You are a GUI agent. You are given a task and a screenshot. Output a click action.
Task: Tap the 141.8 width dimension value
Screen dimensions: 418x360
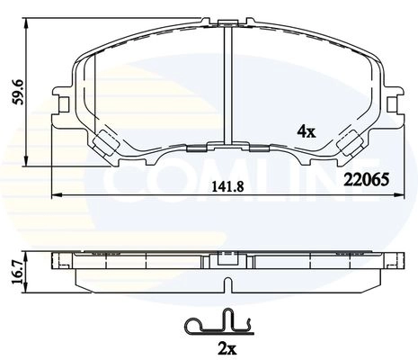[x=228, y=187]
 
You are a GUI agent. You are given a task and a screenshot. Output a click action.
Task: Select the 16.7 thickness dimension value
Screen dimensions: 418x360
[x=18, y=273]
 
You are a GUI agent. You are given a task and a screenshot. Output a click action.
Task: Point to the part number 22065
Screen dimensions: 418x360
[x=367, y=180]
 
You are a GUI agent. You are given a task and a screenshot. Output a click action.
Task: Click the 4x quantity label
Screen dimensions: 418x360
[x=307, y=131]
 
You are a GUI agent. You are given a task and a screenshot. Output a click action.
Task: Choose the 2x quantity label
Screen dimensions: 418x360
[x=227, y=348]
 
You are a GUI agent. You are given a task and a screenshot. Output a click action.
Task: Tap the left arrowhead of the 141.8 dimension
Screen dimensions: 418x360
[x=57, y=195]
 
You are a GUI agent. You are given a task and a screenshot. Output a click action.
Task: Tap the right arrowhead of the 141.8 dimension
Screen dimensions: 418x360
[x=399, y=195]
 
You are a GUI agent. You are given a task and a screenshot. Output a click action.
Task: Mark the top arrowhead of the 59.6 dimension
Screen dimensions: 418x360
[x=27, y=22]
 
